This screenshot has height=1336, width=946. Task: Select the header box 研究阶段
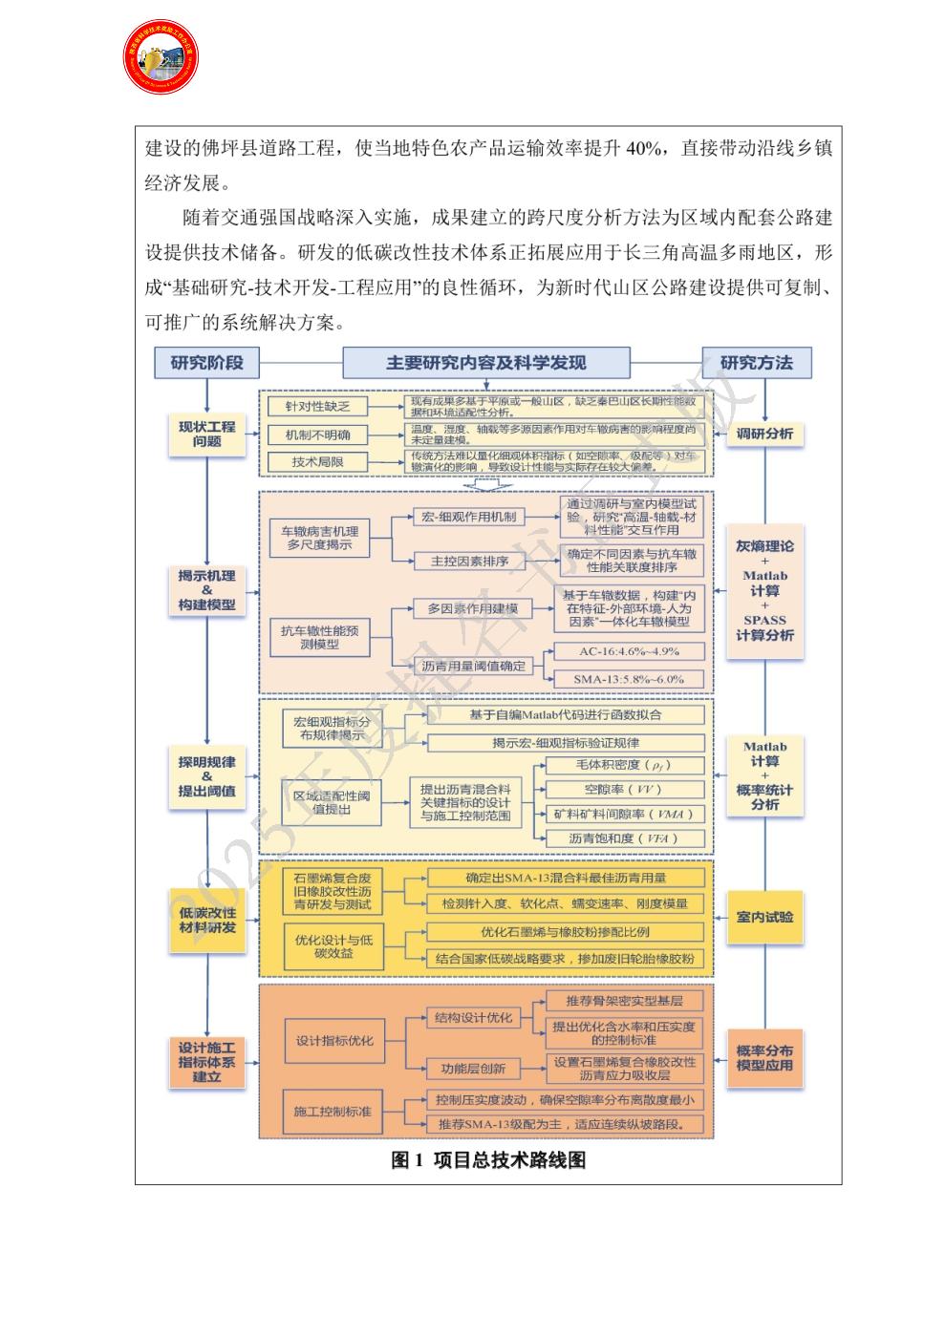206,363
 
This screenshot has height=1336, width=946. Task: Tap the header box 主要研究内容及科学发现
485,363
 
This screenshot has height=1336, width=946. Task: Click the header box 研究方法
756,363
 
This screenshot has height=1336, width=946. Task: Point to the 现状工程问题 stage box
206,434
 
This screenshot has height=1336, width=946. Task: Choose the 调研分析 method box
764,434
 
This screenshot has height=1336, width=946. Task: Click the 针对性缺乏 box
317,407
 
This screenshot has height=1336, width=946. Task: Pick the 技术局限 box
317,462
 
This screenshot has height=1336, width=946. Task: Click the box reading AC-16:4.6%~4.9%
629,651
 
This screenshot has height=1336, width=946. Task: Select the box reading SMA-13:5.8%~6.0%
629,679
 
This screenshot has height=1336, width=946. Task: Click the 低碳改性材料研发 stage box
206,921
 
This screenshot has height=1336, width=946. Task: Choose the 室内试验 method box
764,917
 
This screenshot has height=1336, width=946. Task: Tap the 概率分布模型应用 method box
764,1057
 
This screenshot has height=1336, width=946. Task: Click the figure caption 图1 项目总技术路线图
488,1160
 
